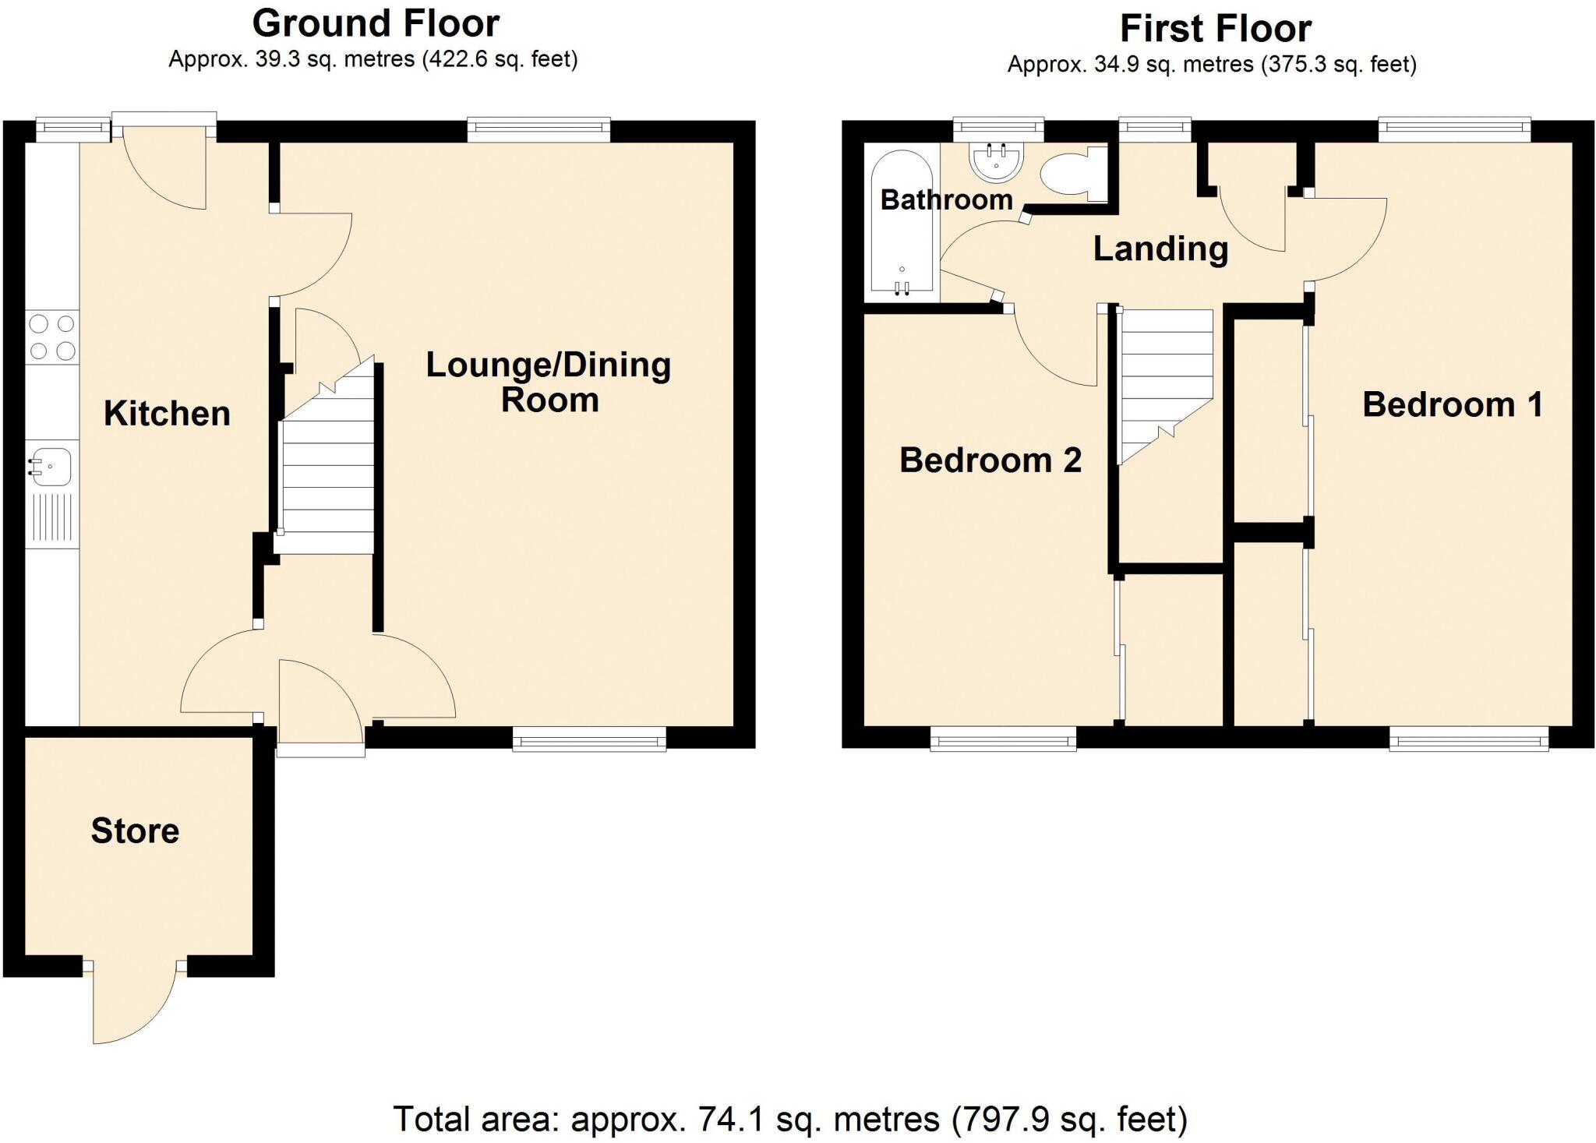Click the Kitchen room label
coord(167,414)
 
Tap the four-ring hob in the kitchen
coord(51,337)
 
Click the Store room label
coord(135,831)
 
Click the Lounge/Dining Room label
coord(549,382)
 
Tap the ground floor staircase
coord(326,475)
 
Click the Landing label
coord(1160,249)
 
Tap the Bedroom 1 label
coord(1452,405)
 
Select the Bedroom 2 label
coord(990,460)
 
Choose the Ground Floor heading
coord(376,23)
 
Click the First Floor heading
coord(1215,29)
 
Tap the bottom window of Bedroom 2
coord(1003,739)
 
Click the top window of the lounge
coord(538,130)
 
